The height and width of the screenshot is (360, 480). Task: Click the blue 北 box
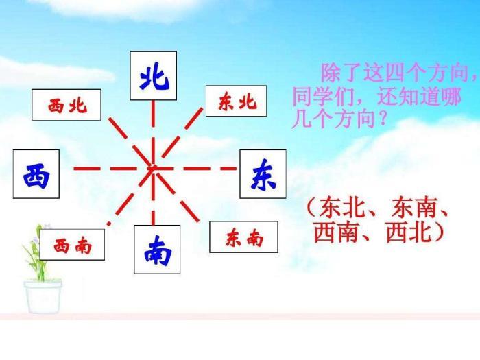point(154,75)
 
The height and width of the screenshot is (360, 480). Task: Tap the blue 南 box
point(157,250)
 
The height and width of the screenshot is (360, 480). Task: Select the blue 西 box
point(36,174)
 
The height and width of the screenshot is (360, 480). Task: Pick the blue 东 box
point(263,174)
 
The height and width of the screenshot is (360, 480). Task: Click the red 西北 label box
point(66,105)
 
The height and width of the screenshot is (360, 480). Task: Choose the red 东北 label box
point(236,101)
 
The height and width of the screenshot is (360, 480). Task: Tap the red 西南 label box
point(72,245)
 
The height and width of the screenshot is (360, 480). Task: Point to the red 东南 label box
point(243,237)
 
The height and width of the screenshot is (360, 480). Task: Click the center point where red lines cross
point(153,168)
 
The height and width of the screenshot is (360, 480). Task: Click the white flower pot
point(43,297)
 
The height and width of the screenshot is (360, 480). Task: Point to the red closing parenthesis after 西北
point(439,232)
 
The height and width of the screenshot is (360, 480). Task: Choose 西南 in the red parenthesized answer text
point(336,232)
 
